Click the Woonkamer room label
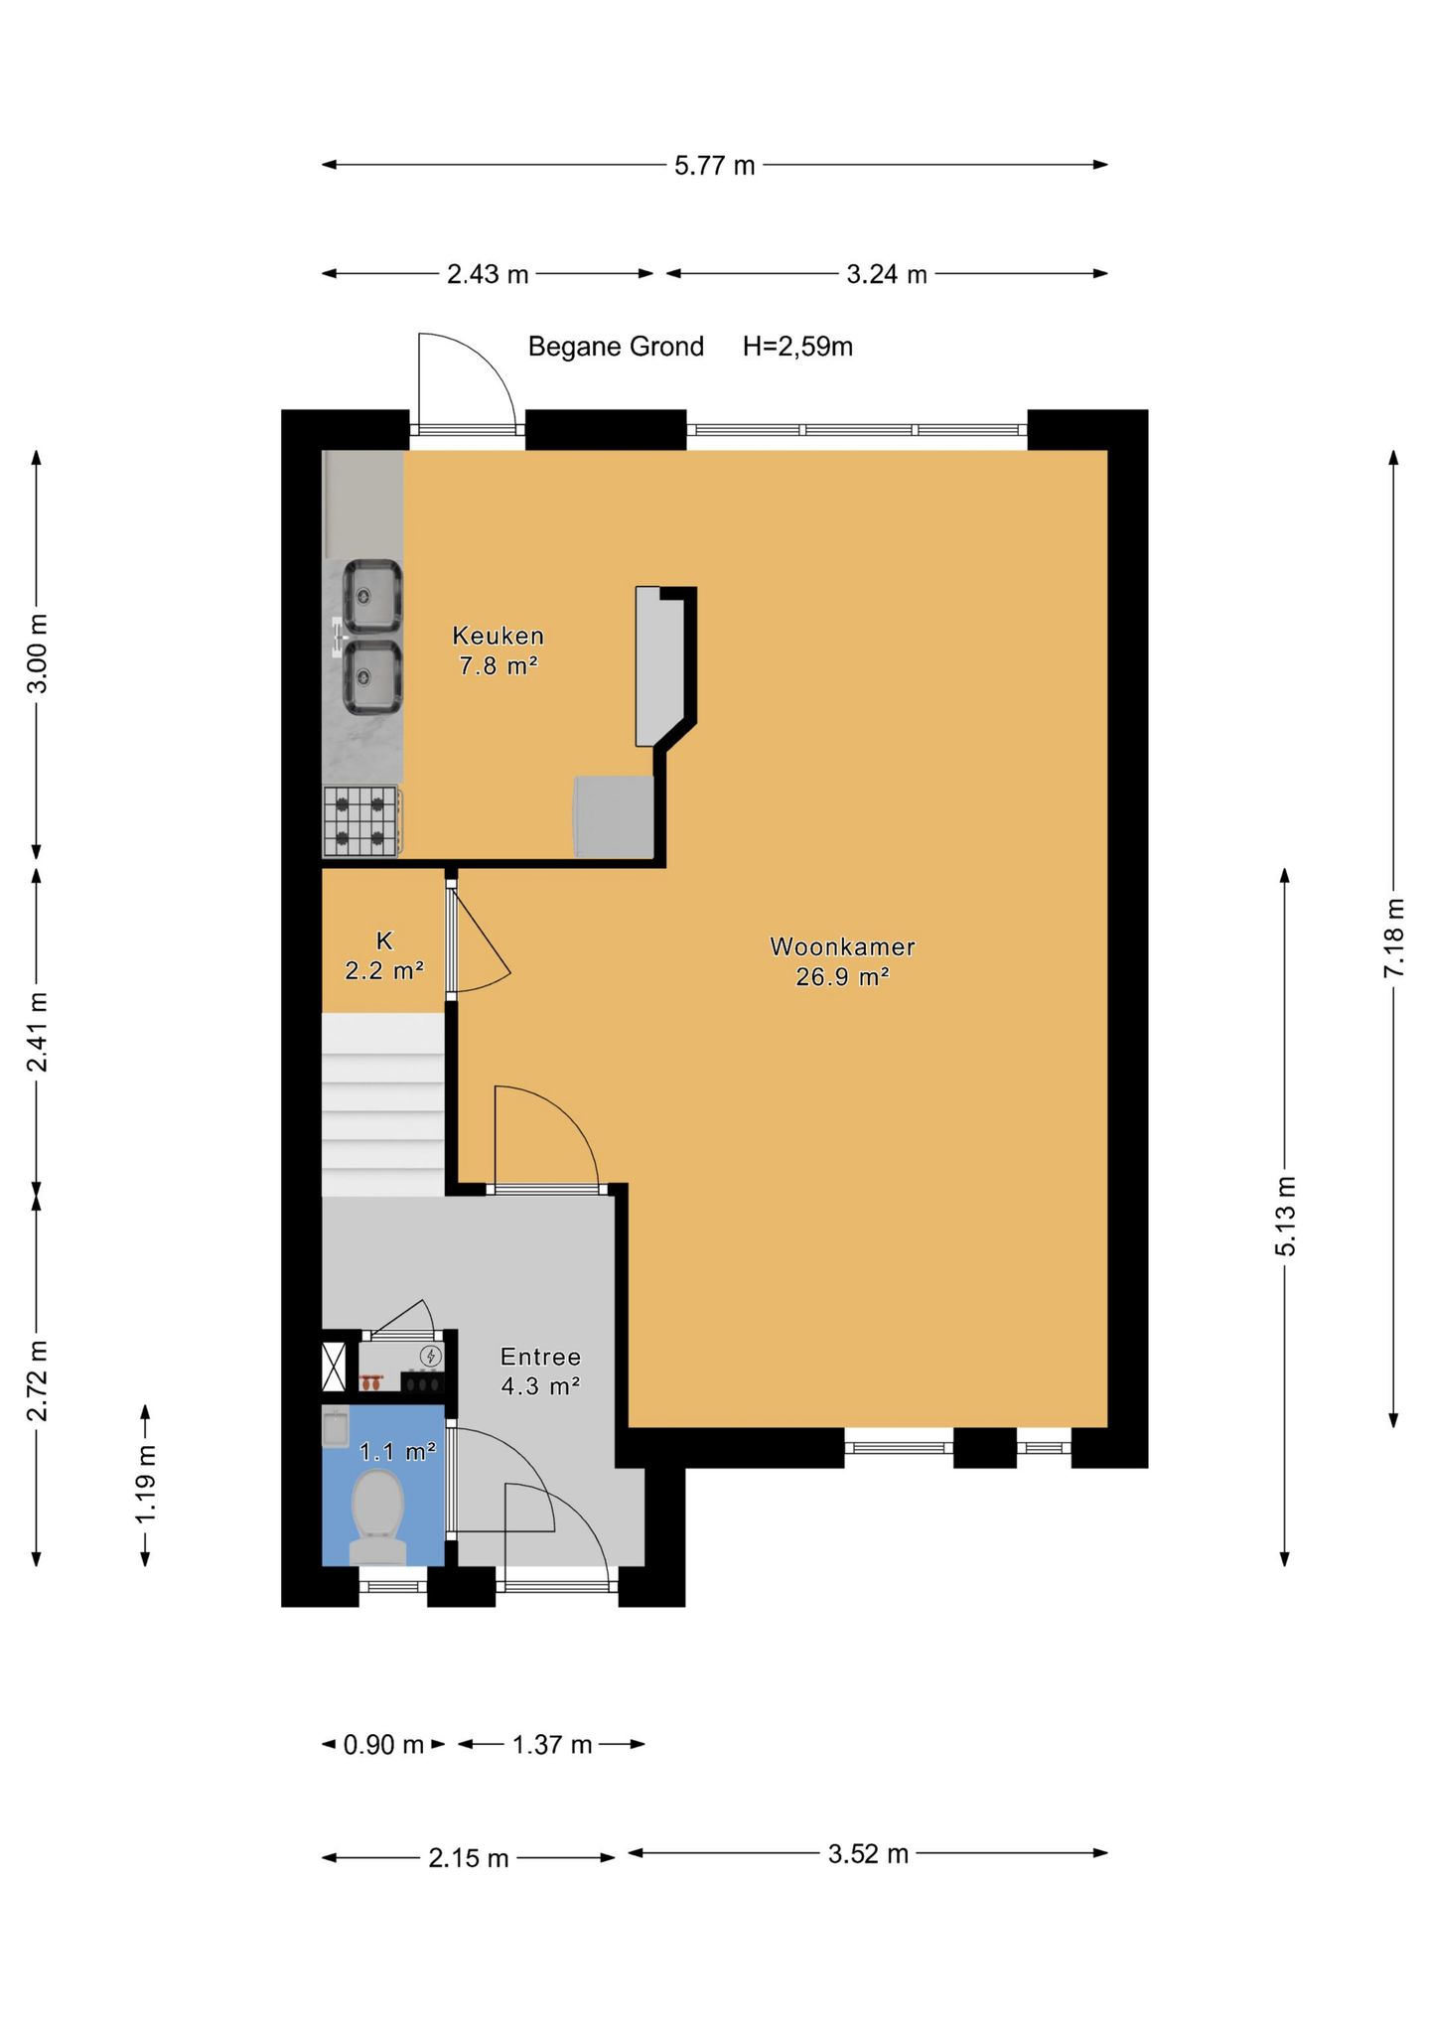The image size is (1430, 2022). (x=842, y=946)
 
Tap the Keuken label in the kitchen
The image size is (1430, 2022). (x=498, y=636)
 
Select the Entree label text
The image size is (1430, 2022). (x=540, y=1357)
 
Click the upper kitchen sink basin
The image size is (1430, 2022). (x=372, y=596)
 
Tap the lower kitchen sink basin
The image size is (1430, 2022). (x=372, y=677)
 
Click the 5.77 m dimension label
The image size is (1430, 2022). (x=715, y=166)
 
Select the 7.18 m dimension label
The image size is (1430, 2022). (x=1395, y=938)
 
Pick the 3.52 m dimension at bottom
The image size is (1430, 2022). (x=869, y=1854)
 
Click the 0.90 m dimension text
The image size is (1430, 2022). (x=383, y=1745)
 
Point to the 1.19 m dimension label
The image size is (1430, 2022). (x=147, y=1484)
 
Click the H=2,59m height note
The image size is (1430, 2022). (x=797, y=347)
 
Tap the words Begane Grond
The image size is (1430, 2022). (x=616, y=347)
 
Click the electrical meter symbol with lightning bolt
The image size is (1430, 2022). (x=430, y=1356)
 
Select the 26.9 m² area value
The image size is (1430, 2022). (x=842, y=977)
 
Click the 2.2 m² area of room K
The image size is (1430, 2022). (x=384, y=971)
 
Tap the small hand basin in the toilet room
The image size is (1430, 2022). (x=336, y=1428)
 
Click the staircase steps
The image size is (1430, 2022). (x=383, y=1104)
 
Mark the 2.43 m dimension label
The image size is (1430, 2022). (x=488, y=275)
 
